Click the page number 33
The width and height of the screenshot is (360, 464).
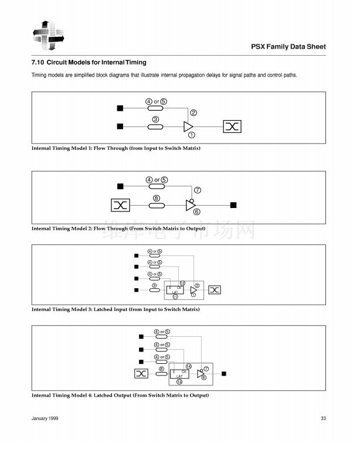click(323, 418)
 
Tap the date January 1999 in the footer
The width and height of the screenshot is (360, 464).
click(45, 418)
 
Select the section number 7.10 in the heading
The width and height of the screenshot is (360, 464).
click(37, 62)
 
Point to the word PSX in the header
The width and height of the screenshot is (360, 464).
click(259, 46)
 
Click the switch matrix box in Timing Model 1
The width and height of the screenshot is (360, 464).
click(232, 126)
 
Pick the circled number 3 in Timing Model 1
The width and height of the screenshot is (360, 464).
click(155, 120)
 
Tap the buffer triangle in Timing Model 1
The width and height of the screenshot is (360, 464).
click(188, 126)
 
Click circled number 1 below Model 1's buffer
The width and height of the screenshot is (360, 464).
click(191, 135)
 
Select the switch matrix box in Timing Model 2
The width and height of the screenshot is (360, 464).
click(120, 204)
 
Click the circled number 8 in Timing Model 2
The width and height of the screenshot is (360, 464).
click(156, 198)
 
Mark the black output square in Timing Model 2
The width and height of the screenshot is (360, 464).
click(233, 204)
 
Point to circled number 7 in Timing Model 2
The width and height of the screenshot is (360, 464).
click(197, 190)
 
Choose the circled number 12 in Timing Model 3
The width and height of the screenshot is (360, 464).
click(182, 282)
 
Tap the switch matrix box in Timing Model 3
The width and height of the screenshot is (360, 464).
click(215, 289)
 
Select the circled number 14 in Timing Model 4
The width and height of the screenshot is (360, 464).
click(189, 366)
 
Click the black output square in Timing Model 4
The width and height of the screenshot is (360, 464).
click(223, 373)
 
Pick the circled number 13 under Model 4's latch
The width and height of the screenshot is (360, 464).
click(179, 381)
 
